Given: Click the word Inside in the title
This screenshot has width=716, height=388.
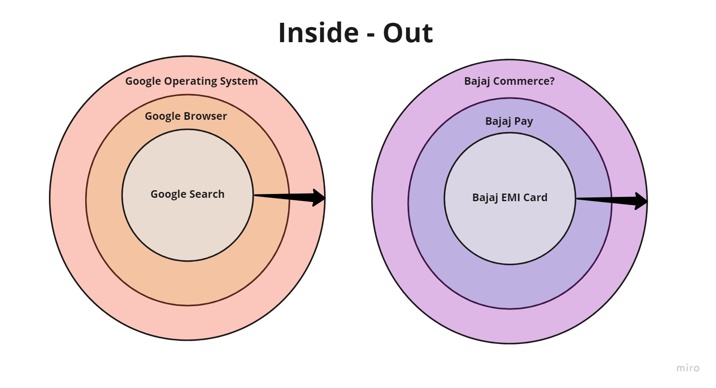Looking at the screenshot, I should click(x=319, y=33).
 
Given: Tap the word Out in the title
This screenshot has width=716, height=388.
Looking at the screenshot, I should click(x=408, y=33).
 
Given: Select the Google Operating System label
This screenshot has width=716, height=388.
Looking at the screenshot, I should click(x=191, y=81).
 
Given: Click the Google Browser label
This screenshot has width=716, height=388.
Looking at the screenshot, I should click(x=186, y=116).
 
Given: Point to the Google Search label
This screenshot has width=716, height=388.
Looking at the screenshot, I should click(x=187, y=194).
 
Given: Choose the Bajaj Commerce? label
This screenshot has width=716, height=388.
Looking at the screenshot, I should click(x=509, y=81).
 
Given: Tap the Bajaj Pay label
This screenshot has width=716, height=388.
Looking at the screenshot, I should click(x=509, y=121).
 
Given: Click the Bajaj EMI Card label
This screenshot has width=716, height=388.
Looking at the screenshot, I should click(x=510, y=197).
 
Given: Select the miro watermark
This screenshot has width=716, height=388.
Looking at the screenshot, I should click(x=688, y=368).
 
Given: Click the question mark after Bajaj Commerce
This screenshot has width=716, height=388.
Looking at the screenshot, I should click(x=552, y=81).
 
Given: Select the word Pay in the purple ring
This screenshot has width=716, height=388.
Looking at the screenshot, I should click(x=524, y=121).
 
